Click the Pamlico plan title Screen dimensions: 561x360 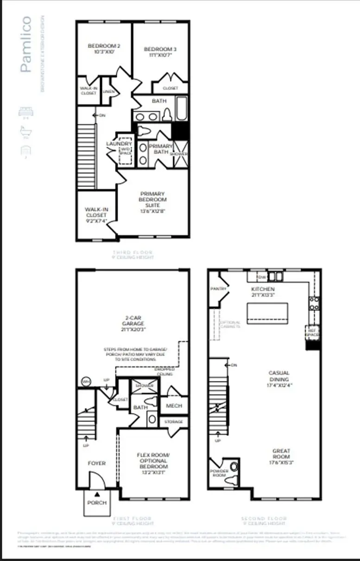pos(26,45)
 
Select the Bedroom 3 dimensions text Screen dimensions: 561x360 pos(160,55)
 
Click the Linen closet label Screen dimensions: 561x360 pos(108,91)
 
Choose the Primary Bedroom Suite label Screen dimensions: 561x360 pos(153,199)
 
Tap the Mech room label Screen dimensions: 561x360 pos(174,406)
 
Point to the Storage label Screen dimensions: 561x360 pos(174,422)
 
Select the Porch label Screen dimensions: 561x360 pos(97,503)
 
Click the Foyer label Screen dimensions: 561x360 pos(97,463)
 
